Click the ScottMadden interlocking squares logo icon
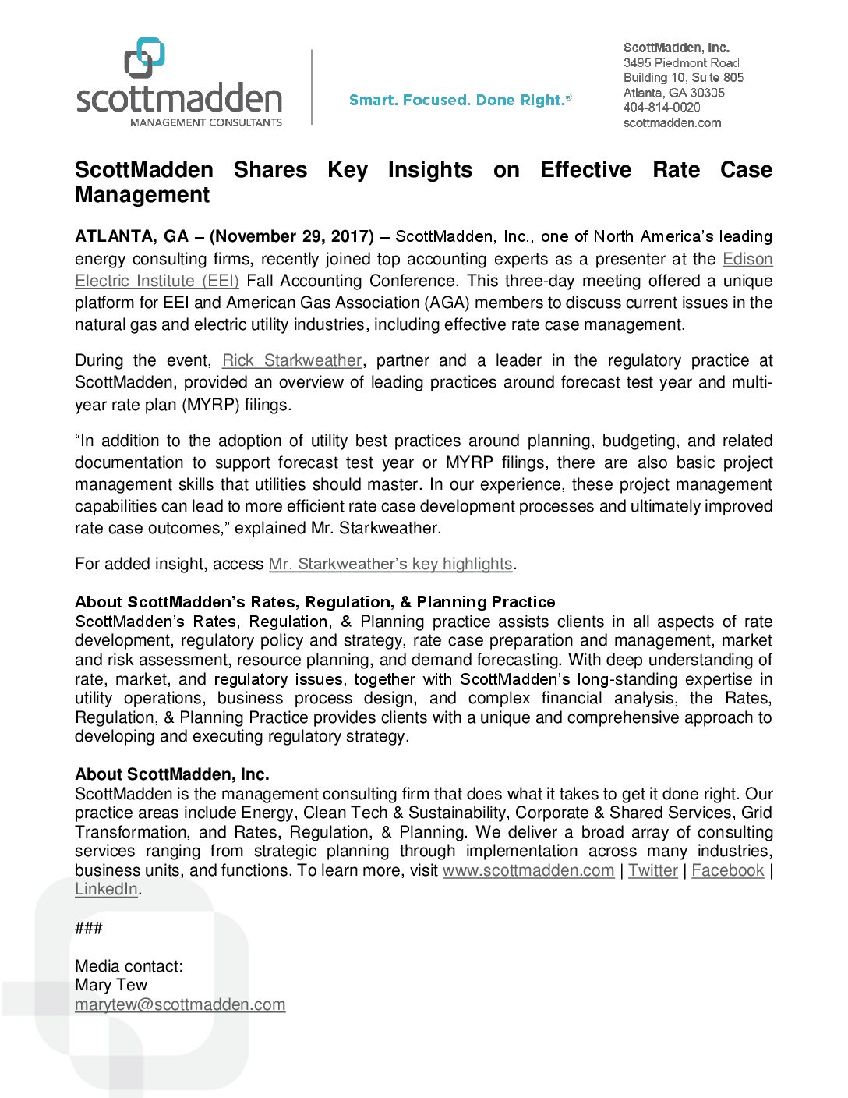[x=145, y=58]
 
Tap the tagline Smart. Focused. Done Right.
[x=459, y=100]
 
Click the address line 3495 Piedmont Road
[x=680, y=62]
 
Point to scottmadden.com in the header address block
[x=672, y=122]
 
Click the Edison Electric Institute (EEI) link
[x=157, y=281]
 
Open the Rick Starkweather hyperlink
[x=291, y=360]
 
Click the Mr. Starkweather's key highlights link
[x=390, y=564]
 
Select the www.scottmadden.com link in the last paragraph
[x=528, y=870]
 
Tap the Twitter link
[x=652, y=870]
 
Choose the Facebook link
[x=727, y=870]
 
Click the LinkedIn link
[x=106, y=889]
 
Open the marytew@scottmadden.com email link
[x=180, y=1004]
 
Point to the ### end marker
[x=89, y=928]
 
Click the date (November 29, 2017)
[x=291, y=236]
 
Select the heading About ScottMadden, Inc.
[x=171, y=774]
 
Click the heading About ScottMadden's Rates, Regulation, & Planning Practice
[x=315, y=602]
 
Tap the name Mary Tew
[x=111, y=985]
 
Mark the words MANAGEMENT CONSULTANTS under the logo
[x=206, y=122]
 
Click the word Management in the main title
[x=142, y=195]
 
